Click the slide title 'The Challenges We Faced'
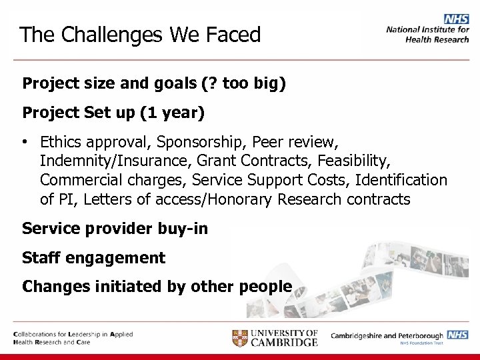click(140, 35)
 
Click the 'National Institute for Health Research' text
click(427, 34)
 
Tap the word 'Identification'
click(401, 180)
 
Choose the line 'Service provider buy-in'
click(115, 229)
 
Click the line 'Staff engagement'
click(93, 257)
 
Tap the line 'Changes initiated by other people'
click(157, 287)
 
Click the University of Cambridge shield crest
click(241, 337)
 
